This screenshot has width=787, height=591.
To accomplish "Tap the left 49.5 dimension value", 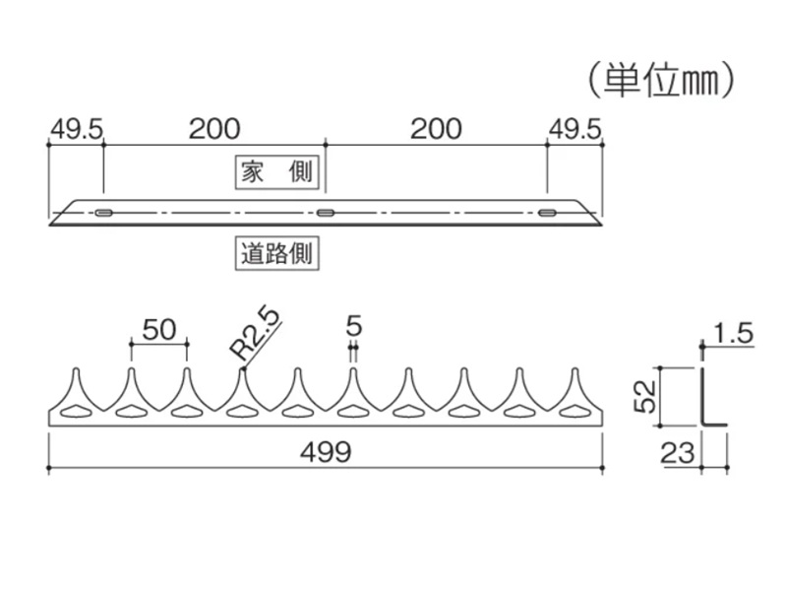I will pos(76,130).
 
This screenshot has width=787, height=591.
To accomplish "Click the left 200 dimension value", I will pos(214,130).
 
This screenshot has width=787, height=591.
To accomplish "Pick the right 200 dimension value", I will pos(436,130).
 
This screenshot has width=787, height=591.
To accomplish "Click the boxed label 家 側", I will pos(277,172).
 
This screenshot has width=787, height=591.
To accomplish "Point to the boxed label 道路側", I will pos(277,253).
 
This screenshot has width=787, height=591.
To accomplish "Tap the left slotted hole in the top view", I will pos(103,213).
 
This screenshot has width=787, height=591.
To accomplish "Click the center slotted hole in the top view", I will pos(326,213).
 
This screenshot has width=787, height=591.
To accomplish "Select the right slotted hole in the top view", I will pos(548,213).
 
